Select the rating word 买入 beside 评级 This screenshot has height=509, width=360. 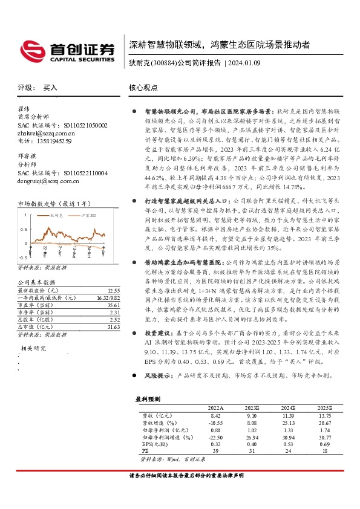[x=50, y=88]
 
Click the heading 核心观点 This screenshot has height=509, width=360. [x=143, y=88]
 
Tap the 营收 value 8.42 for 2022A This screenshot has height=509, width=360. [x=215, y=417]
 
